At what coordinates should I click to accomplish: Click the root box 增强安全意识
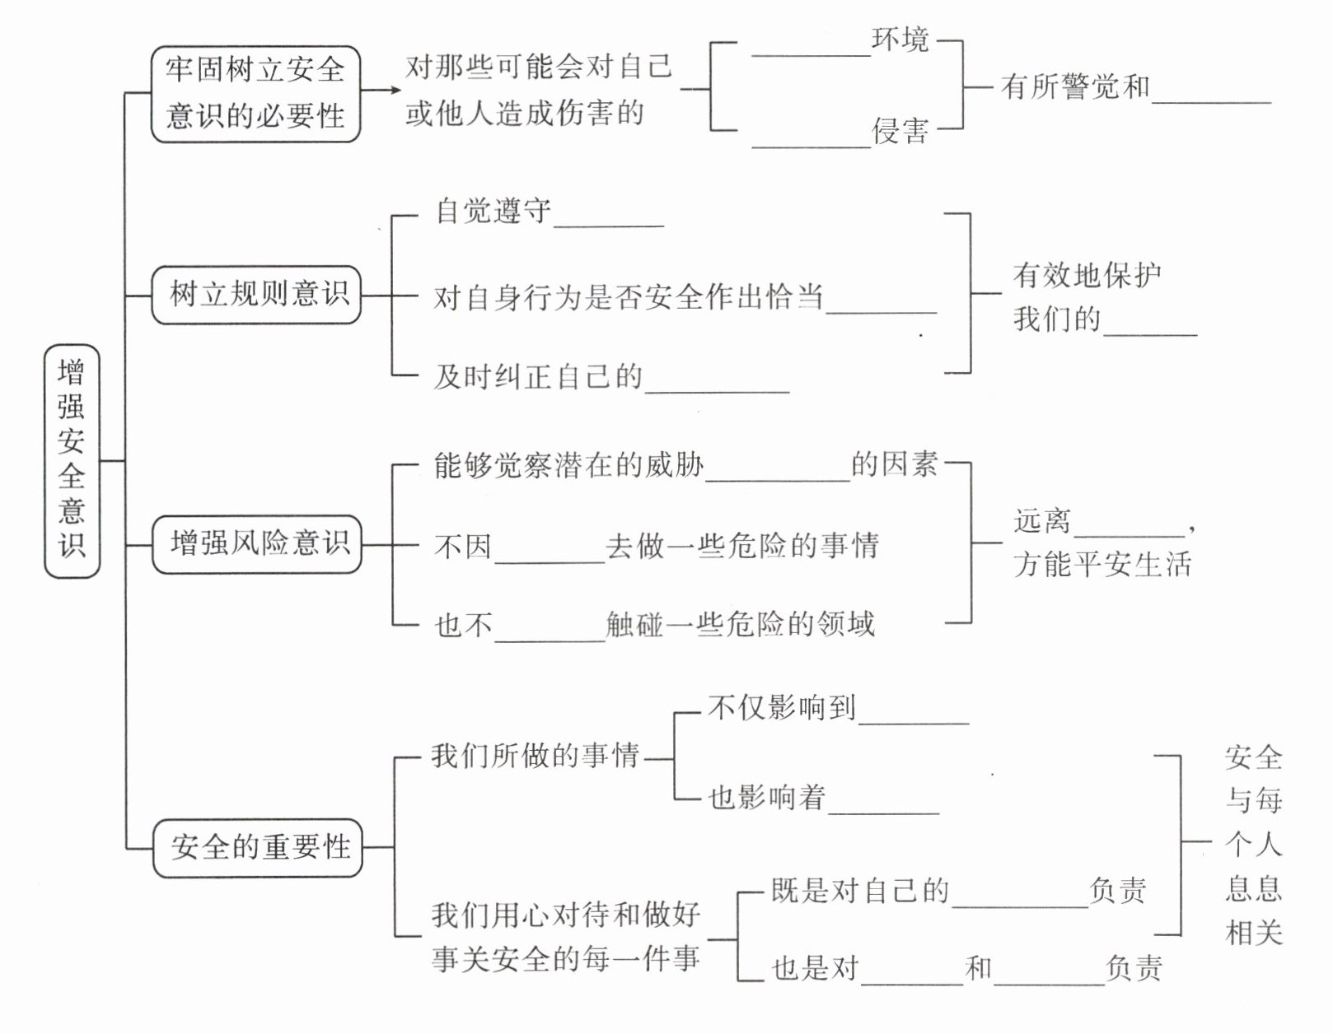(x=72, y=460)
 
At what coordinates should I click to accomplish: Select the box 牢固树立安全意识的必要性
(x=255, y=94)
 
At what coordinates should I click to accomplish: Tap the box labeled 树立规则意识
(x=257, y=295)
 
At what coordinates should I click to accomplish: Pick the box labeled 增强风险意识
(x=257, y=543)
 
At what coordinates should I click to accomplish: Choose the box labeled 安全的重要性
(x=258, y=847)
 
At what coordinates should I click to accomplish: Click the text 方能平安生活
(x=1102, y=565)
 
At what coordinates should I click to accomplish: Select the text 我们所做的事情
(x=536, y=757)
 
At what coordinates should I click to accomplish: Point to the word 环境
(x=900, y=40)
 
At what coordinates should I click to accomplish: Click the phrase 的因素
(x=895, y=465)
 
